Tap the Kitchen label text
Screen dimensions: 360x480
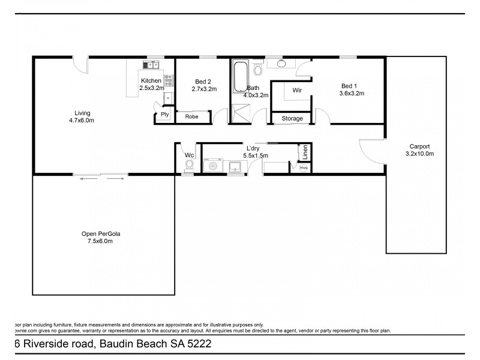pyautogui.click(x=151, y=80)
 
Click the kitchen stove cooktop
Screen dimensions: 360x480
pyautogui.click(x=168, y=77)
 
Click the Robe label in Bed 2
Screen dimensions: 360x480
pyautogui.click(x=191, y=116)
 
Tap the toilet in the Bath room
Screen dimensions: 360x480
pyautogui.click(x=258, y=71)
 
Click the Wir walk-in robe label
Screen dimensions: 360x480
pyautogui.click(x=296, y=90)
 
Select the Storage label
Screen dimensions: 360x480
pyautogui.click(x=293, y=119)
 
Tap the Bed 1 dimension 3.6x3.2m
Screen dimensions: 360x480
pyautogui.click(x=352, y=94)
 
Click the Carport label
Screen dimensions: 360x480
pyautogui.click(x=419, y=146)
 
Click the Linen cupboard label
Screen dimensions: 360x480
pyautogui.click(x=306, y=151)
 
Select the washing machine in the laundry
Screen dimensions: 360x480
pyautogui.click(x=212, y=166)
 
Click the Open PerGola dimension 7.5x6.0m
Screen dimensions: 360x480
pyautogui.click(x=97, y=241)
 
